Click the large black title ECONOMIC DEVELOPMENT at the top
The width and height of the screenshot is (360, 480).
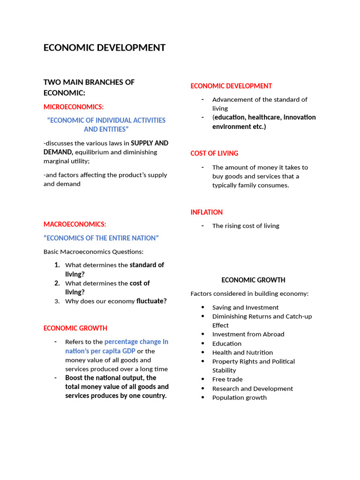point(105,48)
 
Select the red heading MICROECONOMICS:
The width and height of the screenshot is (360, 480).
point(74,107)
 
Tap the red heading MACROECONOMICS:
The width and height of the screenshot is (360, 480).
point(75,224)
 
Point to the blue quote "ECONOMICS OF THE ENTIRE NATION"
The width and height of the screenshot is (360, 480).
point(101,238)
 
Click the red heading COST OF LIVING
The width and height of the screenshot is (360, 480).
point(214,153)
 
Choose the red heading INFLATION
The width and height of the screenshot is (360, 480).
point(207,212)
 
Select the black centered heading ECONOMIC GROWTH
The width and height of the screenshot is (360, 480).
point(253,280)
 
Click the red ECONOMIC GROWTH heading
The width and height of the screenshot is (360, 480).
point(75,328)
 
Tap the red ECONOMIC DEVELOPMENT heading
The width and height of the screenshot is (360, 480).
point(231,86)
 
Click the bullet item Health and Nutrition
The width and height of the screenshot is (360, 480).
point(242,352)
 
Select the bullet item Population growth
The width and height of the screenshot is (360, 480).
point(239,397)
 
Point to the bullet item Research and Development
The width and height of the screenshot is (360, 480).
point(252,389)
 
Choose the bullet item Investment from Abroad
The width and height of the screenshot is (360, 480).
point(248,334)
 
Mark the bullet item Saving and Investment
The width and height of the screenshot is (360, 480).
point(245,307)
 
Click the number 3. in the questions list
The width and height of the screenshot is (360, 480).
point(57,301)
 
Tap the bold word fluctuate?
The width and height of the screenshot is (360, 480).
point(151,301)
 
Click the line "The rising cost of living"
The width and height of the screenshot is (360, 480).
point(246,226)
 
